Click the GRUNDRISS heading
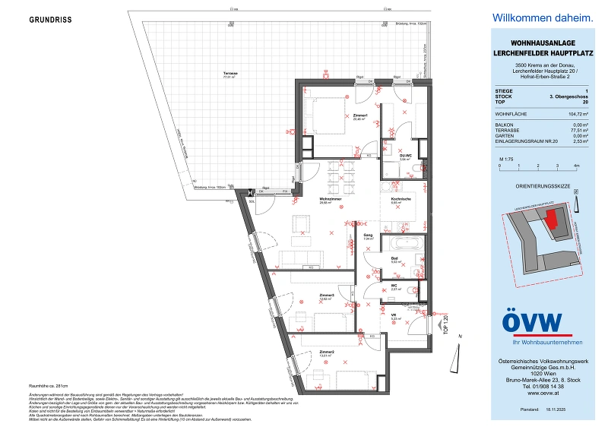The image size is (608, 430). point(50,20)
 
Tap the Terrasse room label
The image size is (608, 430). point(230,74)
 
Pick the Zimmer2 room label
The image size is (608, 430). point(327,353)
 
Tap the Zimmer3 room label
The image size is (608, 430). point(327,296)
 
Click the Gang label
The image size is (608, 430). point(367,236)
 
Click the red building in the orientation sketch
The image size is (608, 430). point(553,221)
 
